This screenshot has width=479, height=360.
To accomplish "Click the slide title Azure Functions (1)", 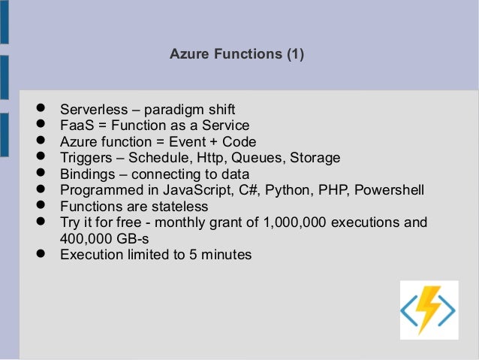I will click(237, 55).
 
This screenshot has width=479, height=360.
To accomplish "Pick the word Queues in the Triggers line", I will click(258, 158).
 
